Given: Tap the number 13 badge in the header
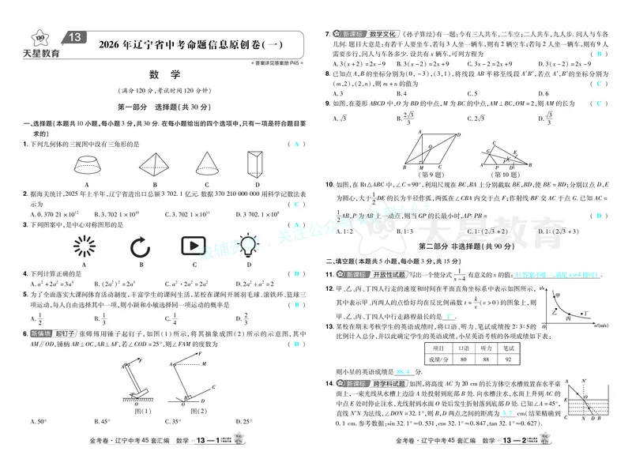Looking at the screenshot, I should [x=75, y=37].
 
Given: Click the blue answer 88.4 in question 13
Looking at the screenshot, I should [x=405, y=371].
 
